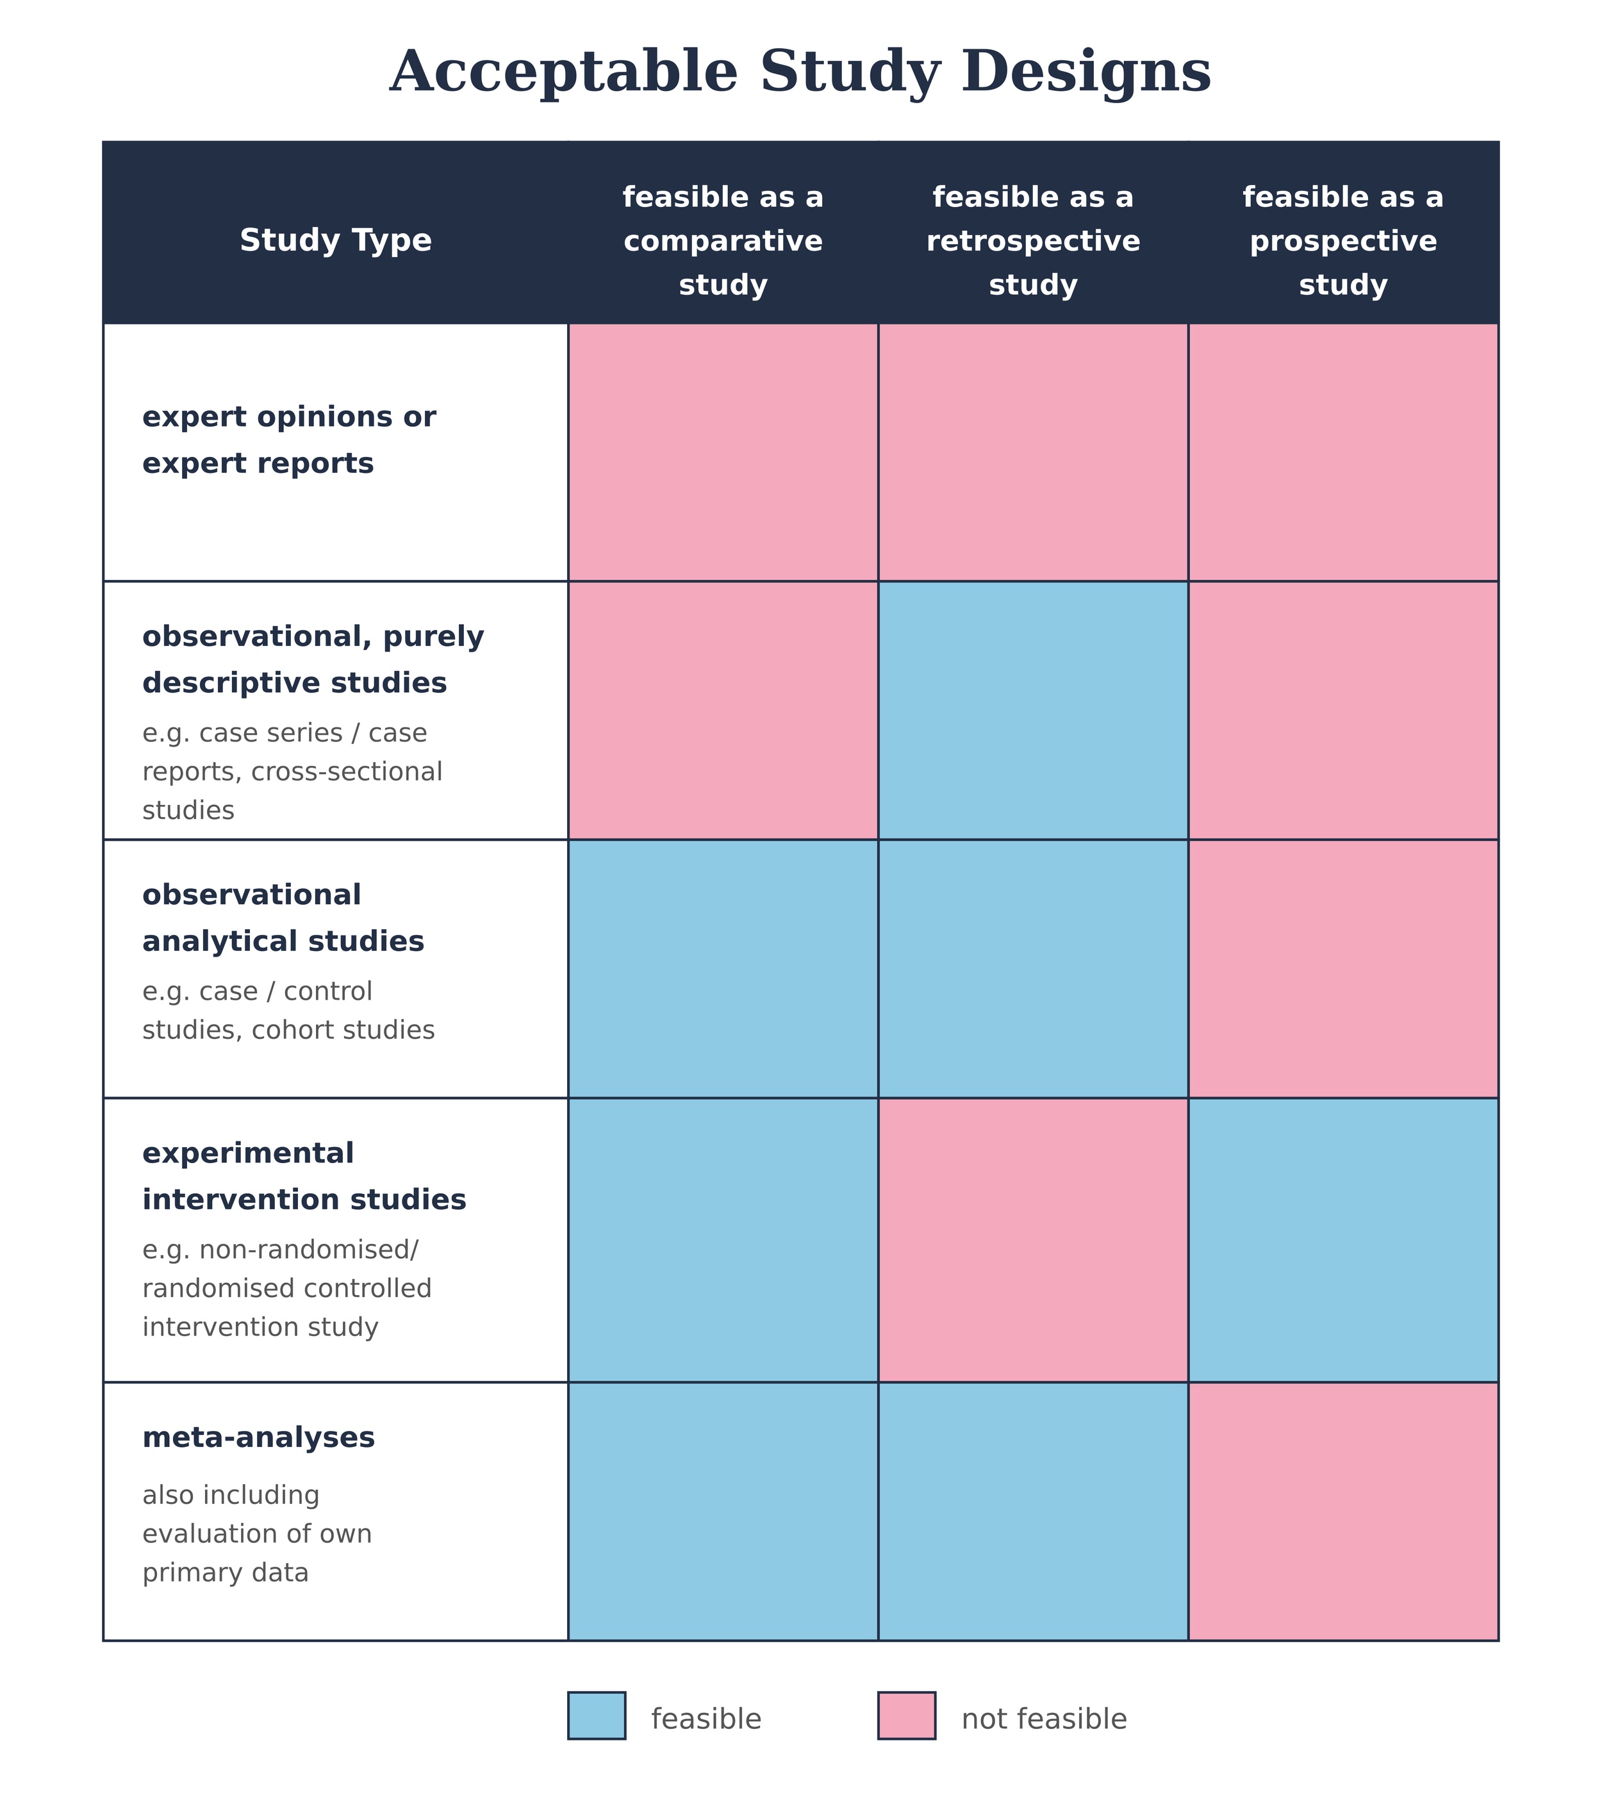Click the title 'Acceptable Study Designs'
pyautogui.click(x=800, y=72)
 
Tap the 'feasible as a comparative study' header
pyautogui.click(x=722, y=241)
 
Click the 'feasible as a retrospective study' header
pyautogui.click(x=1033, y=241)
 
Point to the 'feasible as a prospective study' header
pyautogui.click(x=1342, y=241)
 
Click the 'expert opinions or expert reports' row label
pyautogui.click(x=288, y=440)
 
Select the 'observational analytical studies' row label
pyautogui.click(x=283, y=918)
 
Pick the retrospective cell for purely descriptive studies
pyautogui.click(x=1033, y=710)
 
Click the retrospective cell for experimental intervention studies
pyautogui.click(x=1033, y=1240)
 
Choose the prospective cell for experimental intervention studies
pyautogui.click(x=1342, y=1240)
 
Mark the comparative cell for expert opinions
pyautogui.click(x=722, y=452)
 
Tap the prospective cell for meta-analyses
pyautogui.click(x=1342, y=1511)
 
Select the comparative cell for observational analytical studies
pyautogui.click(x=722, y=968)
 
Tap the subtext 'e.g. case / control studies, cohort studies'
pyautogui.click(x=288, y=1011)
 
